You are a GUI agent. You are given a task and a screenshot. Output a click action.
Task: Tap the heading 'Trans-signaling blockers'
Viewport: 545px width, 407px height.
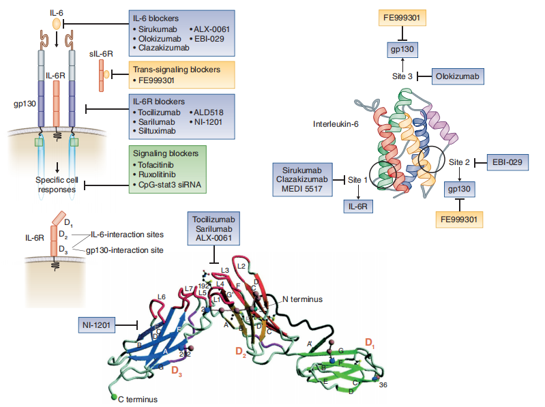[176, 70]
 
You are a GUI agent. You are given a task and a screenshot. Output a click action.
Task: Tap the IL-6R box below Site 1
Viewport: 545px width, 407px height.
[358, 206]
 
